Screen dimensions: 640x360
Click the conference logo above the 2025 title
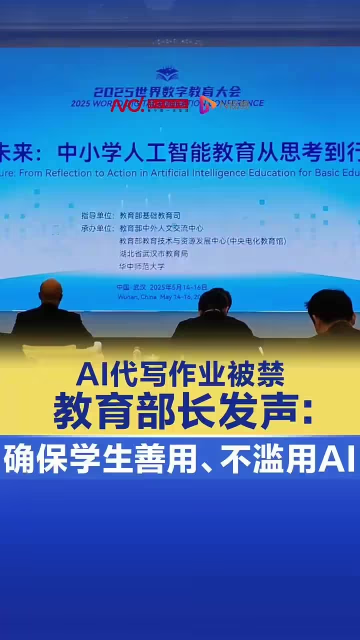pos(167,74)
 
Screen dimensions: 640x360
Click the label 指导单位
pos(97,216)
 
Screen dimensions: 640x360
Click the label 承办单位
pos(97,228)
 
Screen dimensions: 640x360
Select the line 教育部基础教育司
pos(150,216)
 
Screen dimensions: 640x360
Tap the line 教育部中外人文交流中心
pos(161,228)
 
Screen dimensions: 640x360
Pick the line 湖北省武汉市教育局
pos(153,254)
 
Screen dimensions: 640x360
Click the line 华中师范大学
pos(141,266)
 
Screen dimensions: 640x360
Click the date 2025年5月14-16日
pos(178,287)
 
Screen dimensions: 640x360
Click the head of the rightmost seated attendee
pos(329,305)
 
